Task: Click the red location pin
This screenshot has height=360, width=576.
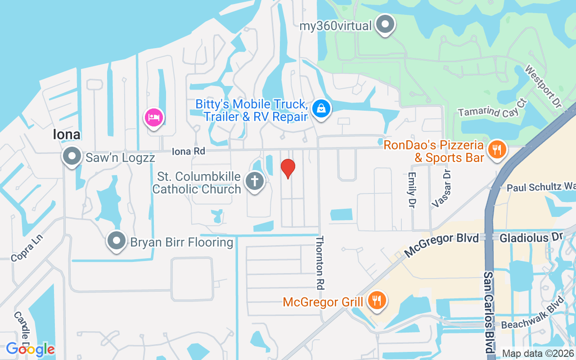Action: [x=288, y=168]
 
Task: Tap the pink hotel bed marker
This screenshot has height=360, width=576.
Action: [x=154, y=118]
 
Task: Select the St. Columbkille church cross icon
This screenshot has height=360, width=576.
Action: [x=254, y=182]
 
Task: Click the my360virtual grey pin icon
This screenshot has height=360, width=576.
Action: [x=385, y=24]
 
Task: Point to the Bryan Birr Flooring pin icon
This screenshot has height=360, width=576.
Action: [x=117, y=241]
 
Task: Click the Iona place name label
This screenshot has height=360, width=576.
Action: [x=67, y=134]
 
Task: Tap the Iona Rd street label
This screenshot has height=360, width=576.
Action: [x=188, y=152]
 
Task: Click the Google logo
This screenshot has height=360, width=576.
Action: [x=30, y=349]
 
